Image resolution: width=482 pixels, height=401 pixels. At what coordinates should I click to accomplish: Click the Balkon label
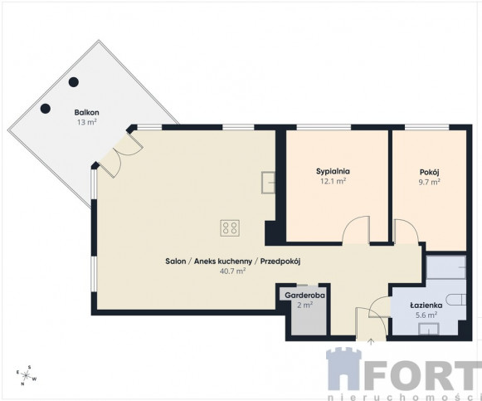(x=86, y=113)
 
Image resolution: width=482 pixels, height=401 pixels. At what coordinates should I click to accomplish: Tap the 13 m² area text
(x=86, y=122)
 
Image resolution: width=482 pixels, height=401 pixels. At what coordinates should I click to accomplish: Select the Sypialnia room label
(x=333, y=171)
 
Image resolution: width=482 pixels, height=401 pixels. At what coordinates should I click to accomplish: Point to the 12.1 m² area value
(x=333, y=181)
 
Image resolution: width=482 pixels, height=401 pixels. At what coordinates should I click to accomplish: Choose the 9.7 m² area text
(x=429, y=182)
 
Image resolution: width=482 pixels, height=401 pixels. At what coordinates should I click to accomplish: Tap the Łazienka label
(x=426, y=306)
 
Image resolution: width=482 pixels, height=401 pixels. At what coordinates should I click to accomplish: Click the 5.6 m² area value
(x=426, y=315)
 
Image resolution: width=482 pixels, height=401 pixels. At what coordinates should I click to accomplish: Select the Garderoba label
(x=304, y=296)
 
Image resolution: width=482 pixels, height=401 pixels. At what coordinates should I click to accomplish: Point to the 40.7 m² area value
(x=232, y=271)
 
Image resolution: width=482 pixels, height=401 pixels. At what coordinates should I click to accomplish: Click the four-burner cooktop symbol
(x=230, y=228)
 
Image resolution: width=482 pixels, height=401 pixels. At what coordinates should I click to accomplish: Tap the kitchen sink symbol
(x=268, y=183)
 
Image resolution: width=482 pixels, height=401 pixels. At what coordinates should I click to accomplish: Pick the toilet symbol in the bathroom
(x=456, y=300)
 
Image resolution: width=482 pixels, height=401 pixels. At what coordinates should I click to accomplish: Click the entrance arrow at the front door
(x=371, y=342)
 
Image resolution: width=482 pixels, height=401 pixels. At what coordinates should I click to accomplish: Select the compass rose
(x=27, y=375)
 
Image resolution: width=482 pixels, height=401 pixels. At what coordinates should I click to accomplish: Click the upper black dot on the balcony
(x=74, y=82)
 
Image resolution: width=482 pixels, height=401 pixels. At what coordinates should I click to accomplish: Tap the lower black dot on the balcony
(x=46, y=108)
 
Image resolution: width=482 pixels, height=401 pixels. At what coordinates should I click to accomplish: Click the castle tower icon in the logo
(x=344, y=369)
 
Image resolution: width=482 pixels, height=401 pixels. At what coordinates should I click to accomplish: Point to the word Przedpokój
(x=280, y=262)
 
